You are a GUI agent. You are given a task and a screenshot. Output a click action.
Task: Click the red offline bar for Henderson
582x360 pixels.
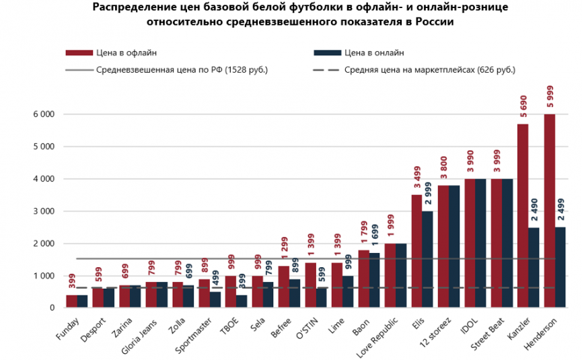[x=549, y=211]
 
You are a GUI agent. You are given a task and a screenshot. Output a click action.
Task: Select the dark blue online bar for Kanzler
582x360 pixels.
[x=534, y=268]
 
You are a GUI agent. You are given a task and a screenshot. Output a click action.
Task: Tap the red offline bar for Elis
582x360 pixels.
[x=416, y=251]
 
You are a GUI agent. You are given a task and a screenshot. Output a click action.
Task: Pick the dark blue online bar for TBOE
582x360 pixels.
[x=242, y=301]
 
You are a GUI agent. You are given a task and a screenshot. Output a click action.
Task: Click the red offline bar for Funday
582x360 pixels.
[x=71, y=301]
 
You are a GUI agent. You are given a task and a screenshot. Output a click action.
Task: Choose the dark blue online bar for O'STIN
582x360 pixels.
[x=322, y=298]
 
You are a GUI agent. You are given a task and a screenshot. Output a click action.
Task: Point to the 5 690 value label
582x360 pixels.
[x=523, y=106]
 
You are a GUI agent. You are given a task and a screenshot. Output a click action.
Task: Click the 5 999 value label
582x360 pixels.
[x=550, y=96]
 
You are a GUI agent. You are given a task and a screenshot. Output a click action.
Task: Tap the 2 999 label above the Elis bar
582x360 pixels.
[x=428, y=193]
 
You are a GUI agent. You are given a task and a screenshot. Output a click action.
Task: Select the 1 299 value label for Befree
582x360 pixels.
[x=285, y=248]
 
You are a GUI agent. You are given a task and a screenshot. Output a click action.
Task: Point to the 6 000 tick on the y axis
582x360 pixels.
[x=44, y=114]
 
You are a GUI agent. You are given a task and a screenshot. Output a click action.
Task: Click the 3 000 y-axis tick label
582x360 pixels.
[x=44, y=211]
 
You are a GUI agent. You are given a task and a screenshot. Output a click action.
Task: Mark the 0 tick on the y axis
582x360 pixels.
[x=52, y=308]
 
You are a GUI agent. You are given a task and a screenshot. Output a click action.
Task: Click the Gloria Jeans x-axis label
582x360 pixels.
[x=139, y=336]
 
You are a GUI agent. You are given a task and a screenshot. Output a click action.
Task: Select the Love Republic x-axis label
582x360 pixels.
[x=377, y=338]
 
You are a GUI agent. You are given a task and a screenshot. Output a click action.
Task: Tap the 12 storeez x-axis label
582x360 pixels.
[x=435, y=332]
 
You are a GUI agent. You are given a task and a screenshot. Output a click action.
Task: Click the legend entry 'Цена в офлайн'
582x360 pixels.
[x=111, y=52]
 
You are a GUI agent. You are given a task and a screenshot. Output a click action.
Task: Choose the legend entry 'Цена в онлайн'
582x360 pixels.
[x=359, y=52]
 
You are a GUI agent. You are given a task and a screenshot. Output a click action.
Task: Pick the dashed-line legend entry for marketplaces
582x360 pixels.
[x=414, y=70]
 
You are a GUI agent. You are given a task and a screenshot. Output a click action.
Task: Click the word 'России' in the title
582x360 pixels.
[x=435, y=22]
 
